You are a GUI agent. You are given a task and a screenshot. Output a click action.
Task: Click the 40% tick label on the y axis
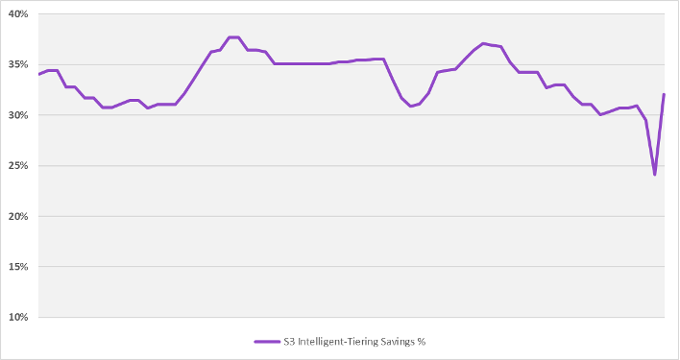19,14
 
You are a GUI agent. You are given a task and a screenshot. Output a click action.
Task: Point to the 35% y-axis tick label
19,65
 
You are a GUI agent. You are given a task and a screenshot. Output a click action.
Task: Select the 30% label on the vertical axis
19,115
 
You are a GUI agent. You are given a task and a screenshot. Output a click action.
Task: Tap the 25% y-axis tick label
19,166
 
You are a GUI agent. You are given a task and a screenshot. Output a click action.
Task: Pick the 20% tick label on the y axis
19,216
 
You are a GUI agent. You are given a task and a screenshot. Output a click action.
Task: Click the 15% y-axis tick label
19,267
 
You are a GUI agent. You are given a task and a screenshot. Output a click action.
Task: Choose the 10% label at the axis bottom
19,317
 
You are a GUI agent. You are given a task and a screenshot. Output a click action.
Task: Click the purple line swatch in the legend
267,341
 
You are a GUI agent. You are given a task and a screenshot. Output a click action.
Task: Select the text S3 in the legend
289,341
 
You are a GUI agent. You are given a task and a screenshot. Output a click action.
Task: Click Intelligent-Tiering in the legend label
334,341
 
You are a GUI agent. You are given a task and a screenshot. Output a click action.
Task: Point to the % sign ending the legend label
421,341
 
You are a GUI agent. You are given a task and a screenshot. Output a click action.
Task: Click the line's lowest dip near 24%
655,175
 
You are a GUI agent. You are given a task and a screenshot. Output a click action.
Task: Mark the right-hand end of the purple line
664,94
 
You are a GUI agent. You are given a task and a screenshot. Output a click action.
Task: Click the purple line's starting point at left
39,74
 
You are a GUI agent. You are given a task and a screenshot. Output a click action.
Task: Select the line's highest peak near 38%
233,37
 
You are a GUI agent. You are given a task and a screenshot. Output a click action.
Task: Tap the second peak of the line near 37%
483,43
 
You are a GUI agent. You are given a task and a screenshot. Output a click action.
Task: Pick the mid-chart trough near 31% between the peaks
411,106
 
